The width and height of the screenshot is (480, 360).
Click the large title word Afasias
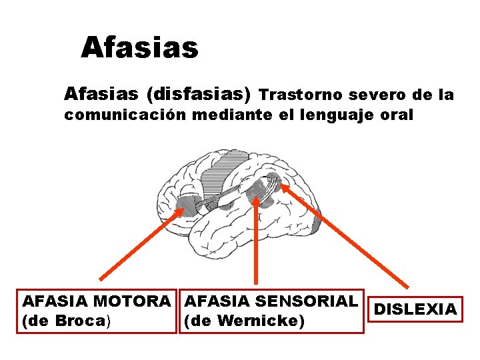pos(139,48)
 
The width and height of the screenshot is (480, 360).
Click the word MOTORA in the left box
pos(141,301)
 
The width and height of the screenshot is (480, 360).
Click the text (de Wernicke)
pos(243,321)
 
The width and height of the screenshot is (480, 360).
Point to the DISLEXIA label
pos(416,309)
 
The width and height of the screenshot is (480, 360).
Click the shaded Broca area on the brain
pos(188,205)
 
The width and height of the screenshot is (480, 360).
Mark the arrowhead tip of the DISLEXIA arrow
pos(281,186)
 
